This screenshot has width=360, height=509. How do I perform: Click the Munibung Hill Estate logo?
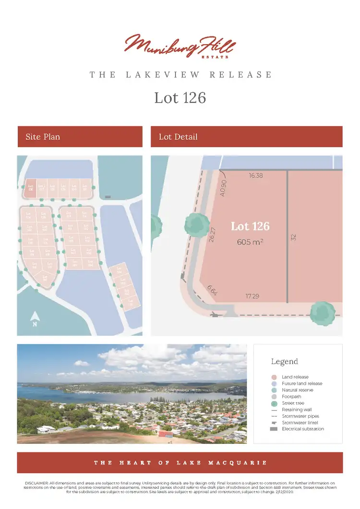pyautogui.click(x=180, y=46)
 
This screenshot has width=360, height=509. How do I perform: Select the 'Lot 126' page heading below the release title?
pyautogui.click(x=180, y=97)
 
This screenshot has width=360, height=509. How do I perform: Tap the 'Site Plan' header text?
pyautogui.click(x=43, y=137)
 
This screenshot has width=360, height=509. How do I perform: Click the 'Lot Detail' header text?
pyautogui.click(x=178, y=137)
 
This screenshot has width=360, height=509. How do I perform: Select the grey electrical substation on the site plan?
pyautogui.click(x=108, y=196)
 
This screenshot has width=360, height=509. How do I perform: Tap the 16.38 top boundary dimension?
pyautogui.click(x=256, y=176)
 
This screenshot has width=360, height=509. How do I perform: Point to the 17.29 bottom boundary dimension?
pyautogui.click(x=252, y=296)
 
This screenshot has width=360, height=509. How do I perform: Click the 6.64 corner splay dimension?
pyautogui.click(x=212, y=290)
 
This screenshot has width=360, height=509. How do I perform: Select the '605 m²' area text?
pyautogui.click(x=250, y=242)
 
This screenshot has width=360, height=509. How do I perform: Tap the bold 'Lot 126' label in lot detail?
pyautogui.click(x=250, y=226)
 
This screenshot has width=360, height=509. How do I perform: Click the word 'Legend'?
pyautogui.click(x=285, y=362)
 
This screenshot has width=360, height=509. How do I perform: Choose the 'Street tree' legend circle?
pyautogui.click(x=274, y=403)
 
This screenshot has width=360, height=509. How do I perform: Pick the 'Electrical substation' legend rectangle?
pyautogui.click(x=274, y=429)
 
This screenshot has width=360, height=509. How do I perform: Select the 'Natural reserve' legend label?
pyautogui.click(x=298, y=390)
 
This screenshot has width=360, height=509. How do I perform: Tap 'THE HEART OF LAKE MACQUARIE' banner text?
pyautogui.click(x=180, y=463)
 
